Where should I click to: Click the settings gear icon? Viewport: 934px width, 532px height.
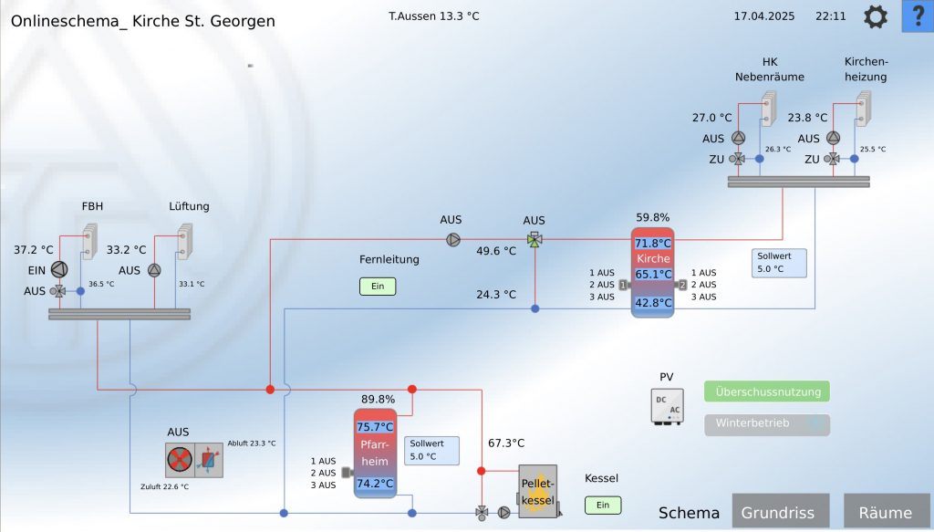coord(876,16)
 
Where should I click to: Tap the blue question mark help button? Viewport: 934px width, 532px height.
coord(918,16)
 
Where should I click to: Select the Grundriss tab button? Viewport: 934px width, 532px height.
coord(778,512)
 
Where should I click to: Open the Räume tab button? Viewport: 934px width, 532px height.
coord(885,512)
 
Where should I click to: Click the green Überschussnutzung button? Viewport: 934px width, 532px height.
coord(767,391)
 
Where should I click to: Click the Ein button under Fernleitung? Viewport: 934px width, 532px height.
coord(378,287)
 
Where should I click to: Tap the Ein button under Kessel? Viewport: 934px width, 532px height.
coord(603,505)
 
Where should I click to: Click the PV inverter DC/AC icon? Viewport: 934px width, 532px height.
coord(667,406)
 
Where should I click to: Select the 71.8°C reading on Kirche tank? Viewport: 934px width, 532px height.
coord(653,244)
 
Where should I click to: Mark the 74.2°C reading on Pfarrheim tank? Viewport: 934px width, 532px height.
coord(375,484)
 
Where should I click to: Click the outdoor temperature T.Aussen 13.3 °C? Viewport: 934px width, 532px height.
coord(433,16)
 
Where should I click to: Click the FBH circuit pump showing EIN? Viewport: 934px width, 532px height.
coord(59,269)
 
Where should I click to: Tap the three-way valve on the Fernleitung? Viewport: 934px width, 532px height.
coord(534,240)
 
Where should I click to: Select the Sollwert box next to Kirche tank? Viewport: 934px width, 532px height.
coord(780,263)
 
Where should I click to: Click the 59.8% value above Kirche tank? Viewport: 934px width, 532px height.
coord(653,218)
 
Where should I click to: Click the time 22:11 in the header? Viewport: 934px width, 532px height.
coord(831,16)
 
